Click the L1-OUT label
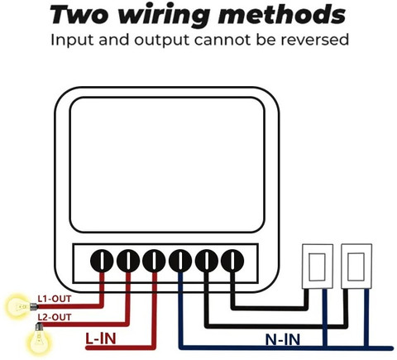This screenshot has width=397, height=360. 55,299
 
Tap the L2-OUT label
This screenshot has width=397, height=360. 55,317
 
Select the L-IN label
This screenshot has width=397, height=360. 101,338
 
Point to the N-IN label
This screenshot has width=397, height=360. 283,339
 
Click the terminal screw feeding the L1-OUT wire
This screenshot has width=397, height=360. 102,261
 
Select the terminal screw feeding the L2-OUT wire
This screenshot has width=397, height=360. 128,261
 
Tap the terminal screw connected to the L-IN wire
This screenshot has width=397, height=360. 154,261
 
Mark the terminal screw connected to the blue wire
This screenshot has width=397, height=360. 180,261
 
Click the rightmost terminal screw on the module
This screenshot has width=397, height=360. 232,261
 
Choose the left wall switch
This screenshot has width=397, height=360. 318,266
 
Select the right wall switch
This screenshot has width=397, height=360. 356,266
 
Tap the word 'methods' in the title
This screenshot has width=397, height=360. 281,14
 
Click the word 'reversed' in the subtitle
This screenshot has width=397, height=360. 314,40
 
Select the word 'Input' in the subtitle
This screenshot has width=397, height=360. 73,41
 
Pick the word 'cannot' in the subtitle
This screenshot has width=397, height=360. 222,41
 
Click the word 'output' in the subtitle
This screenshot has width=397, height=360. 162,41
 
